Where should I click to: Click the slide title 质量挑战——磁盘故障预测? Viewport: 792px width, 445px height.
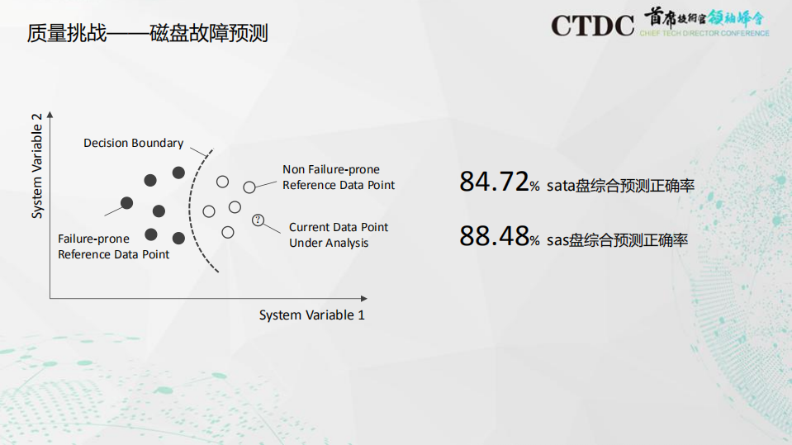(x=147, y=34)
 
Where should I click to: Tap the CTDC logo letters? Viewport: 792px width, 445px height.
(x=592, y=26)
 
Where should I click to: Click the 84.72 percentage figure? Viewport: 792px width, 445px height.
(x=493, y=182)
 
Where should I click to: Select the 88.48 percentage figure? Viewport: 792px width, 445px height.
(x=493, y=237)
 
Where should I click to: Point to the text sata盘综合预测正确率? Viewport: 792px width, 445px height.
(x=620, y=186)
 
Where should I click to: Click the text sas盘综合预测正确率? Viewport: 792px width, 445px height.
(x=617, y=240)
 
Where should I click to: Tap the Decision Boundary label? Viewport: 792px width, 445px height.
(x=133, y=143)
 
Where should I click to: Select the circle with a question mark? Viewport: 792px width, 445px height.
(x=258, y=220)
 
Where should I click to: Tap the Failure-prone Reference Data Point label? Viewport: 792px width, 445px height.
(x=113, y=246)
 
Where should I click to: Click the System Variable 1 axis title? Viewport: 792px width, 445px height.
(x=311, y=315)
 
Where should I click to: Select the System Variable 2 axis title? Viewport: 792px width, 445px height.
(x=37, y=167)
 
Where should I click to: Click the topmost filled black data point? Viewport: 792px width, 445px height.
(x=178, y=172)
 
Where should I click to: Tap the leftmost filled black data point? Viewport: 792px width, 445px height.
(x=126, y=203)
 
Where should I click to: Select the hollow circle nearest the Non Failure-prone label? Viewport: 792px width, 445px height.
(x=249, y=187)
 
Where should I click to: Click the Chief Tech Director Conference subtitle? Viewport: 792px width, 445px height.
(x=704, y=34)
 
